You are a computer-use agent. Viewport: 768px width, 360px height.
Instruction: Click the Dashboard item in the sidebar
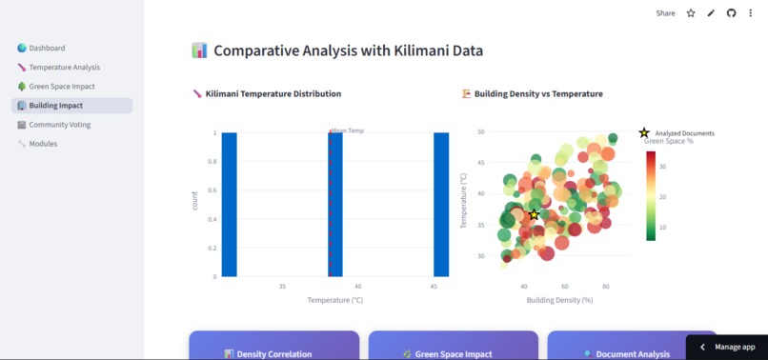[x=47, y=48]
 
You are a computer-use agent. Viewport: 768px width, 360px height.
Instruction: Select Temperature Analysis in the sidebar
[x=64, y=68]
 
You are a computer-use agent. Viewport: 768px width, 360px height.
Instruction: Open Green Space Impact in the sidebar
[x=61, y=87]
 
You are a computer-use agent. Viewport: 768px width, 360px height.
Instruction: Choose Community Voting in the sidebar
[x=60, y=125]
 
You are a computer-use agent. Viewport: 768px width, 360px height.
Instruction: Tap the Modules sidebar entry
[x=43, y=144]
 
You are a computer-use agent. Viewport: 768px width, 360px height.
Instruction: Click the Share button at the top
[x=665, y=13]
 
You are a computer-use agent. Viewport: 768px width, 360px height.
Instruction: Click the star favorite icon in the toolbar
[x=691, y=13]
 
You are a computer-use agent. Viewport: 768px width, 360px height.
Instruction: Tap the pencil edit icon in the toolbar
[x=711, y=13]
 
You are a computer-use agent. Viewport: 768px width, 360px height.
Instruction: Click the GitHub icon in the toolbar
[x=731, y=13]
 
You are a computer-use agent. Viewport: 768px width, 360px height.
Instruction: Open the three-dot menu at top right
[x=751, y=13]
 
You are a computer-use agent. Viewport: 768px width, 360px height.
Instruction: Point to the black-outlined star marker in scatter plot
[x=534, y=214]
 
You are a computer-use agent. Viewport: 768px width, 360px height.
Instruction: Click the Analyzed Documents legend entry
[x=683, y=133]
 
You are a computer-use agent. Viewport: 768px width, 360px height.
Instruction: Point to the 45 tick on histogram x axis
[x=434, y=286]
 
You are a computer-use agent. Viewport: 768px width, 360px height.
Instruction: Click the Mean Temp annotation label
[x=348, y=130]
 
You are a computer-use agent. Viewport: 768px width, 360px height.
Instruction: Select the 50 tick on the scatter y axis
[x=480, y=131]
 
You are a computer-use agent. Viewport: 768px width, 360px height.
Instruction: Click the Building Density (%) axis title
[x=559, y=300]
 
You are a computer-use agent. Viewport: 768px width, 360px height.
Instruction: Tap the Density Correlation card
[x=273, y=353]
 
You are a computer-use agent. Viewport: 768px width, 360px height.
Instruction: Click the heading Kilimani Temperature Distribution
[x=273, y=94]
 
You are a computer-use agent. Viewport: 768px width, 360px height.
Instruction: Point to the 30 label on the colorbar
[x=662, y=166]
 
